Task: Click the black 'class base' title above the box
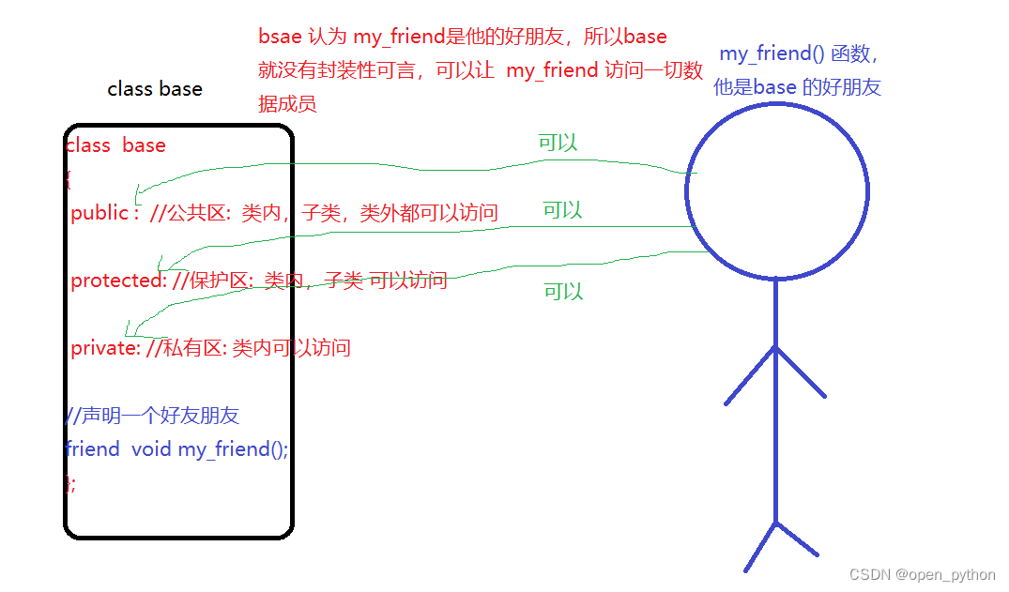(x=155, y=89)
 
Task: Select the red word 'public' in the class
(x=99, y=213)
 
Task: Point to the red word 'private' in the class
(x=104, y=348)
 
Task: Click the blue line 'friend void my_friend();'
(x=177, y=449)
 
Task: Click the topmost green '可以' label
(x=558, y=143)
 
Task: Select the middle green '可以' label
(x=562, y=210)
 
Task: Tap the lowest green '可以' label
(x=563, y=292)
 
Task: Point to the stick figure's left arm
(x=750, y=376)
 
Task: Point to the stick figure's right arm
(x=802, y=372)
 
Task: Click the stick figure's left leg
(x=760, y=547)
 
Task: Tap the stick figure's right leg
(x=798, y=539)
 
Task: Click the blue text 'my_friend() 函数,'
(x=799, y=54)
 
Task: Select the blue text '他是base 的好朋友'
(x=797, y=87)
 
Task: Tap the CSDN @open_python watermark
(x=922, y=574)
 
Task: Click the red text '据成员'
(x=287, y=103)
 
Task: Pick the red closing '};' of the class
(x=70, y=483)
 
